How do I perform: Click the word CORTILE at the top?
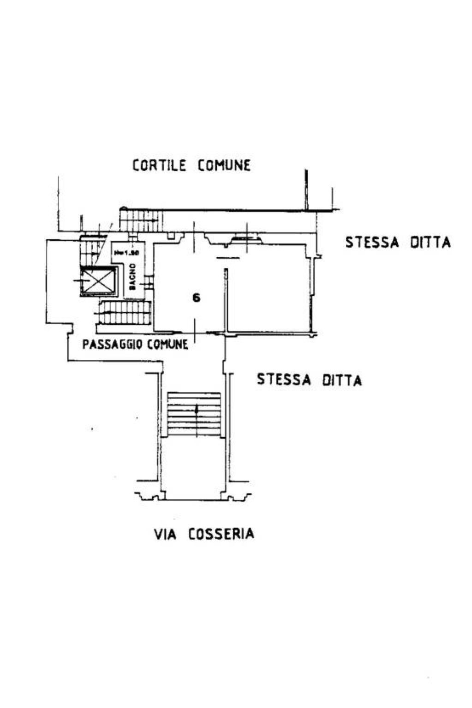(159, 165)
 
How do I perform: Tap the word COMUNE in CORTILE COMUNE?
(224, 165)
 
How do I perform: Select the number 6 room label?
(197, 298)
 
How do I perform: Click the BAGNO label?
(133, 277)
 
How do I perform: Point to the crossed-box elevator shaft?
(97, 281)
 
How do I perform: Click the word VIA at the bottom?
(165, 534)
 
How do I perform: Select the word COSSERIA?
(221, 534)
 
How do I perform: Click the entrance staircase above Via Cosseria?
(194, 414)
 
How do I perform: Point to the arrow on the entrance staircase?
(197, 410)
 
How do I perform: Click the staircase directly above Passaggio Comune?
(125, 313)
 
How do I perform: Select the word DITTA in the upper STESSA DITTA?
(430, 243)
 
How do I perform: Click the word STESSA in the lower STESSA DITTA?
(282, 380)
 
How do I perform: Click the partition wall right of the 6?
(226, 300)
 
